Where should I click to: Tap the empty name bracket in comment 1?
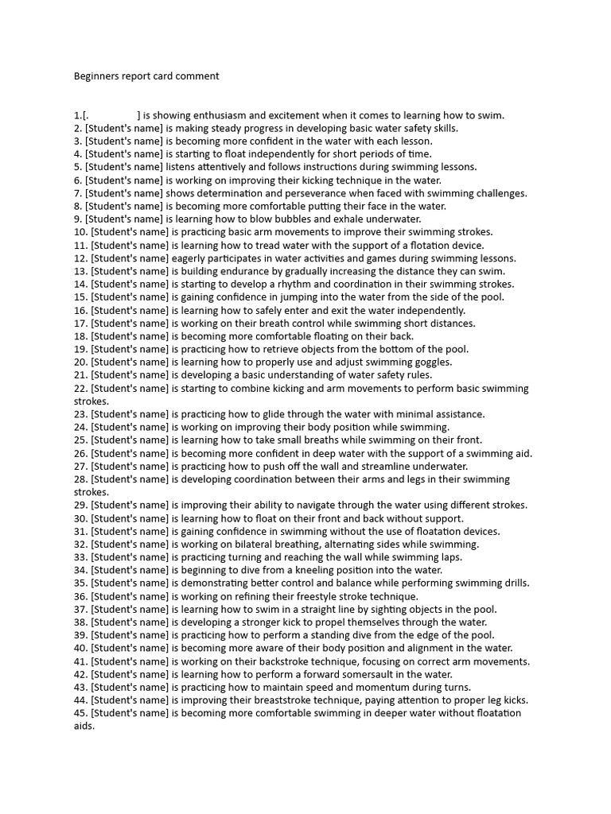[x=111, y=115]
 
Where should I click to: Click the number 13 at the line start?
[x=80, y=271]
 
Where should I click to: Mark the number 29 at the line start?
[x=80, y=505]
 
